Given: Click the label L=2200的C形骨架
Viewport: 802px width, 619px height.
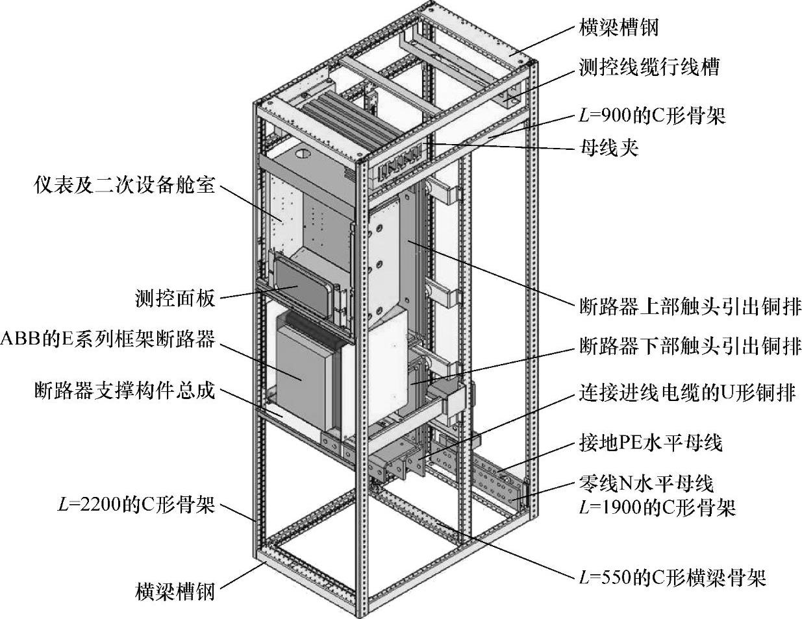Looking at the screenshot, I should click(136, 505).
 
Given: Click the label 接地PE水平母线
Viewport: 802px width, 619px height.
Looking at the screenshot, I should click(650, 443).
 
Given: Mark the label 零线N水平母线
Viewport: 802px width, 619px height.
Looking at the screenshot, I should click(645, 483).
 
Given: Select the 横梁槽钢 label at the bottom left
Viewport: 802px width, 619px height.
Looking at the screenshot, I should click(175, 592).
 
